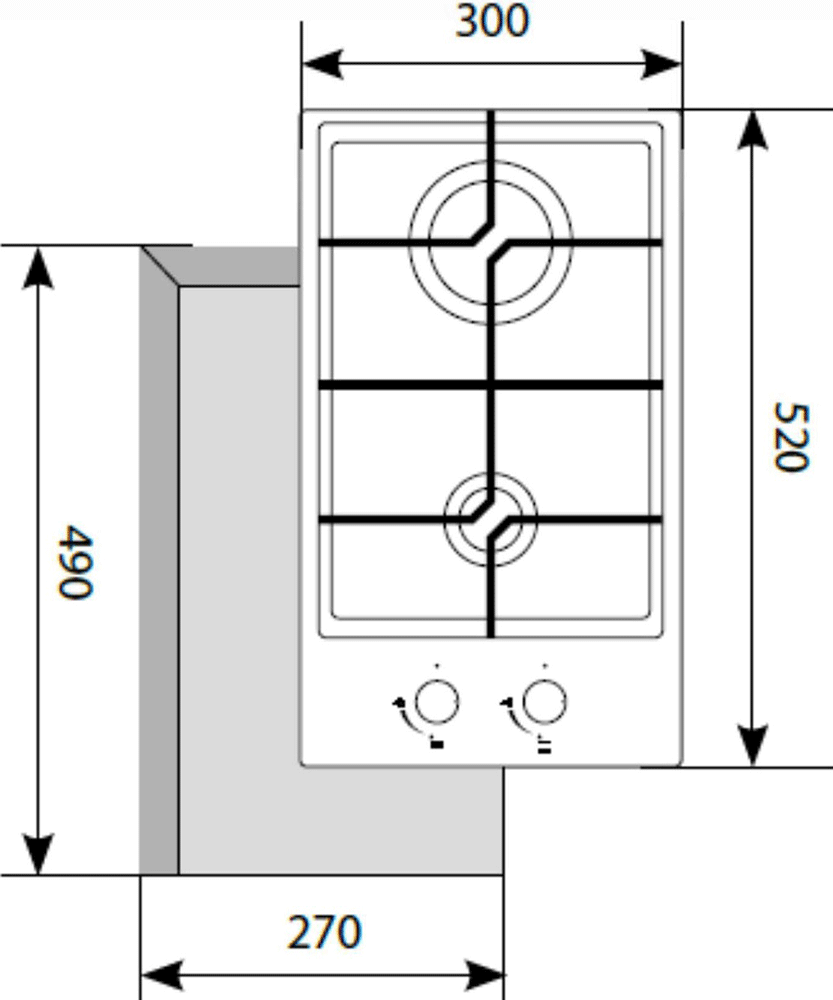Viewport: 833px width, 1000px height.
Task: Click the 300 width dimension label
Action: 492,21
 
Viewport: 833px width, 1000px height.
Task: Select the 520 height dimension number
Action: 791,437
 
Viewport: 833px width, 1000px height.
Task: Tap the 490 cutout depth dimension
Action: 76,562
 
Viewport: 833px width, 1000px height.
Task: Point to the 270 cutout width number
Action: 325,932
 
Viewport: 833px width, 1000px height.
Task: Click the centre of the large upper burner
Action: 490,242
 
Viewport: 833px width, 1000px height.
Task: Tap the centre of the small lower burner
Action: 490,519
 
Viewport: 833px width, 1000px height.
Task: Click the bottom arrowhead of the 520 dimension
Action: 753,745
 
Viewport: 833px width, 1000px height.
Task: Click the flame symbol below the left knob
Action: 437,743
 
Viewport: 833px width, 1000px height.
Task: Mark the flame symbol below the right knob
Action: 544,745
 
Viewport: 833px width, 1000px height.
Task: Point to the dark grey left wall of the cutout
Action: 159,568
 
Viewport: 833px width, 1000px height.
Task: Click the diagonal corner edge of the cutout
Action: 160,267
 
